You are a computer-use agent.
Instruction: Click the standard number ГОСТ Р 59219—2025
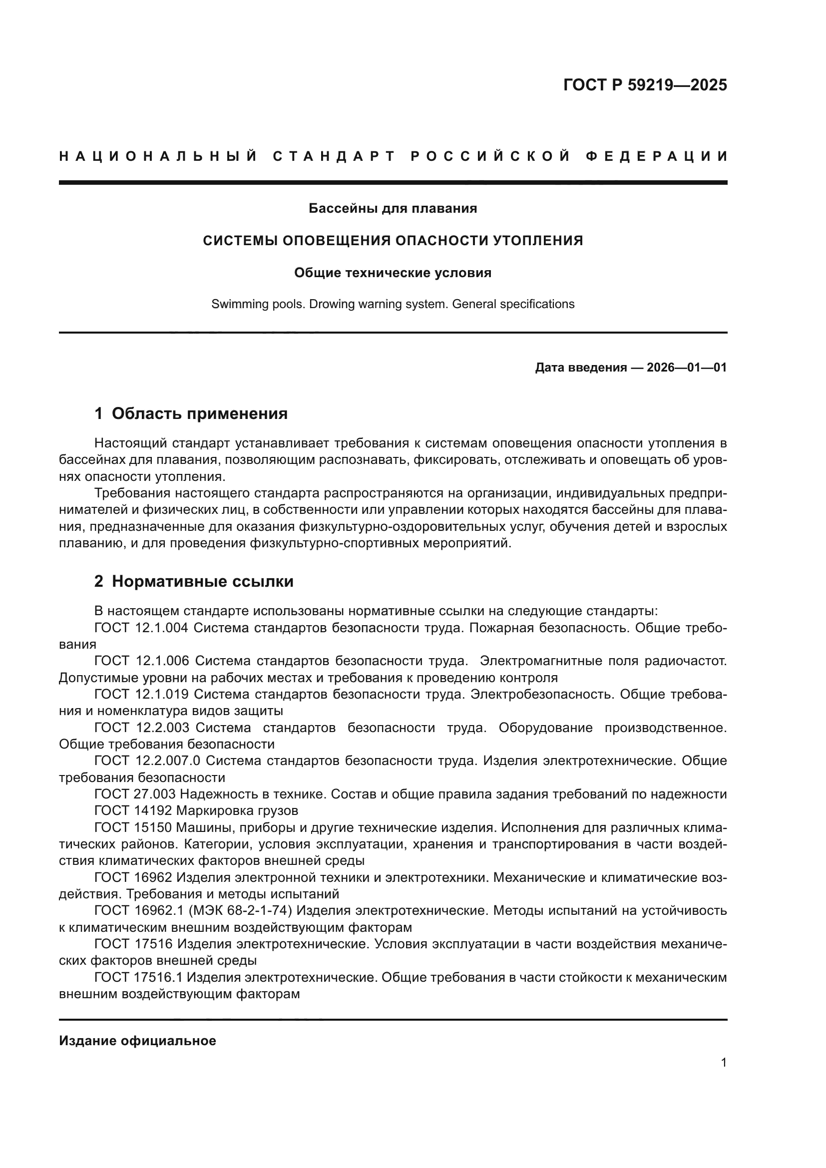point(645,85)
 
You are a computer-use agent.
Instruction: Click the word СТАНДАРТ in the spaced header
point(334,156)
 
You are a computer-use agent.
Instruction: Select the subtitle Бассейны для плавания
point(393,208)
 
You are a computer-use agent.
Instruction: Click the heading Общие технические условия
point(393,273)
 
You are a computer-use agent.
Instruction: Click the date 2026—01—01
point(687,368)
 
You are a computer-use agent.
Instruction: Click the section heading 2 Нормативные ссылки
point(194,581)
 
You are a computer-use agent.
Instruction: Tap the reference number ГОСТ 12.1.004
point(141,628)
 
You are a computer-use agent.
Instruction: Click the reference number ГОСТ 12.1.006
point(141,661)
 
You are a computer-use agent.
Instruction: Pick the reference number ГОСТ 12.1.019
point(141,694)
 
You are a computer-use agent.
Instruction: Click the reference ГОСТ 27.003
point(135,794)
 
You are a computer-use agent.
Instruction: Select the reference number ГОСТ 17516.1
point(138,977)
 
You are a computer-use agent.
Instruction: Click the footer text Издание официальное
point(137,1041)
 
